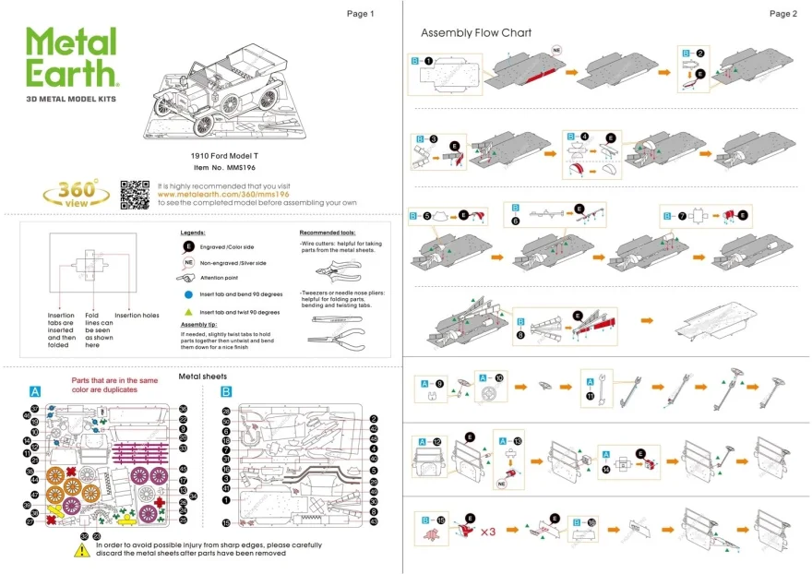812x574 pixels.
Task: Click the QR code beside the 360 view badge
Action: click(x=135, y=194)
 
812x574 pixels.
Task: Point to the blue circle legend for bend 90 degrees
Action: click(x=187, y=294)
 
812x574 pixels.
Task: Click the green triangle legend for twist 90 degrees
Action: click(x=187, y=312)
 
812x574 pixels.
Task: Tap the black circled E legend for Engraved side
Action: click(x=187, y=247)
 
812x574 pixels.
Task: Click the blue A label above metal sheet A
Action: click(x=36, y=390)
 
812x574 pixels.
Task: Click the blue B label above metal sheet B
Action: click(x=226, y=390)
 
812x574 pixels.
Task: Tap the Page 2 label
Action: click(x=782, y=14)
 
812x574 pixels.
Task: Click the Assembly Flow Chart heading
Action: click(x=476, y=33)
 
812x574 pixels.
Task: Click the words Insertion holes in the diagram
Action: click(x=137, y=316)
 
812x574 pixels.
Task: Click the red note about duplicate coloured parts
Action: click(x=114, y=385)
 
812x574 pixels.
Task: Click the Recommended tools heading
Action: click(x=329, y=233)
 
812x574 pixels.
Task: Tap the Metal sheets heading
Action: click(x=202, y=377)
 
